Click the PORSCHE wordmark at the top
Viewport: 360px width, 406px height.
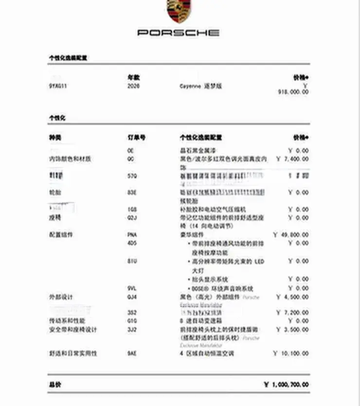pyautogui.click(x=179, y=33)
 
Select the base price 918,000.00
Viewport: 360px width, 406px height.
pyautogui.click(x=293, y=91)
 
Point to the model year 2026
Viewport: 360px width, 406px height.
pyautogui.click(x=133, y=86)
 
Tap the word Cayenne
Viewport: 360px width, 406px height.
pyautogui.click(x=190, y=86)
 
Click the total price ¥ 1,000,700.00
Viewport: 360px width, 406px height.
pyautogui.click(x=286, y=384)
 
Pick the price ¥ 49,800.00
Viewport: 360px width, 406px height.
pyautogui.click(x=291, y=234)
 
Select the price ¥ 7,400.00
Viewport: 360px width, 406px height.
pyautogui.click(x=292, y=159)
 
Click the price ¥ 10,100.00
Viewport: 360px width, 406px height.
pyautogui.click(x=291, y=353)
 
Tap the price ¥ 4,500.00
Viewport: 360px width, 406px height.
pyautogui.click(x=292, y=297)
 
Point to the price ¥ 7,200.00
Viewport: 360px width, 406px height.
pyautogui.click(x=292, y=312)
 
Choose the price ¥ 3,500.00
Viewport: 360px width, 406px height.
pyautogui.click(x=292, y=329)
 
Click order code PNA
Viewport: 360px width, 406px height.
pyautogui.click(x=132, y=234)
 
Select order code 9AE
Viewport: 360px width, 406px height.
pyautogui.click(x=131, y=353)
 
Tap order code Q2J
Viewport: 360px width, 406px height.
pyautogui.click(x=131, y=217)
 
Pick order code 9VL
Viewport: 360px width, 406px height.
pyautogui.click(x=131, y=288)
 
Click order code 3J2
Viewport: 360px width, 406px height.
pyautogui.click(x=131, y=329)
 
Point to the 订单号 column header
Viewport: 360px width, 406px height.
pyautogui.click(x=136, y=138)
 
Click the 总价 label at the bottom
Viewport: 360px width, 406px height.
pyautogui.click(x=54, y=384)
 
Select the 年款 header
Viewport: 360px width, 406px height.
pyautogui.click(x=133, y=77)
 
